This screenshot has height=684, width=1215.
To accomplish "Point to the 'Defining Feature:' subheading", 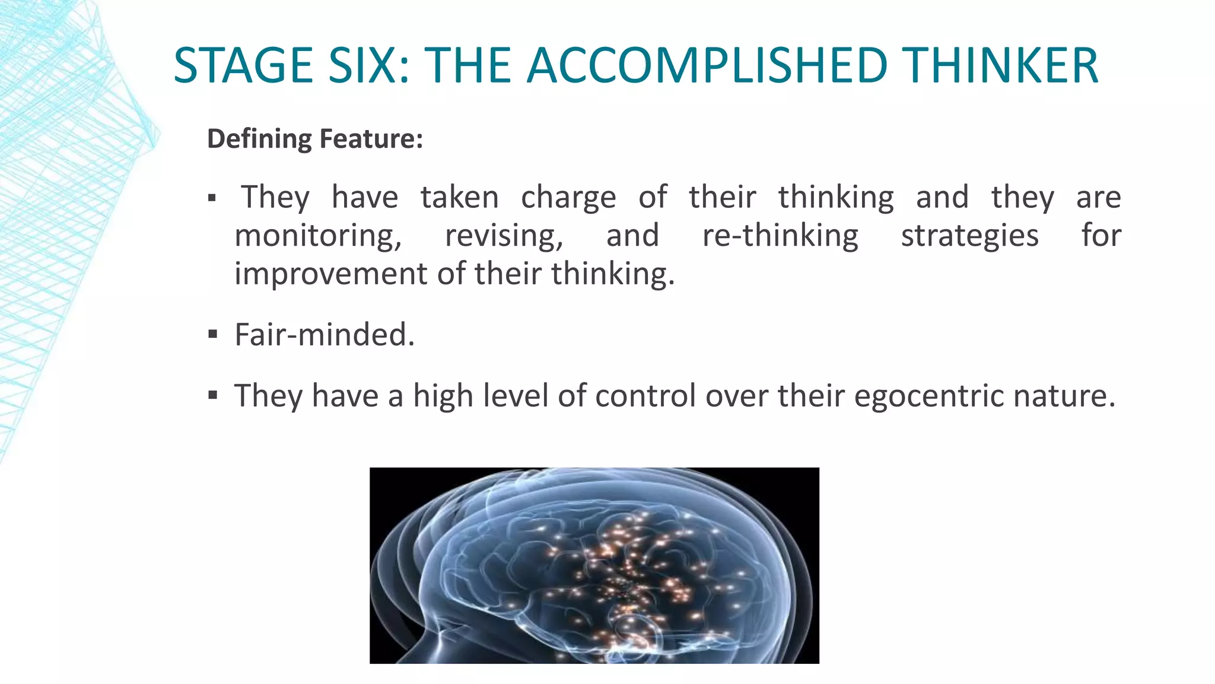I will point(314,139).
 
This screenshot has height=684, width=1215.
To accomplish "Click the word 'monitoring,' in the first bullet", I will point(318,236).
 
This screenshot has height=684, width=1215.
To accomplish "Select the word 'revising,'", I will point(504,236).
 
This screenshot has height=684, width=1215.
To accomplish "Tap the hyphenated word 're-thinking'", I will point(780,236).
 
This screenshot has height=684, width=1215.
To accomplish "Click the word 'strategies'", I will point(969,236).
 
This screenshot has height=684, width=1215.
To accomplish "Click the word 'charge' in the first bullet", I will point(568,198).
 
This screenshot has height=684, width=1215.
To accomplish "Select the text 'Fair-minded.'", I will point(325,335).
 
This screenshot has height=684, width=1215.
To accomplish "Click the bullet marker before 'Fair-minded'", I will point(213,335).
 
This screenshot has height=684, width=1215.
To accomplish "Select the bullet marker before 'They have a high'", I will point(213,395).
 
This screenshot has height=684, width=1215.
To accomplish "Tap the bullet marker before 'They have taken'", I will point(212,198).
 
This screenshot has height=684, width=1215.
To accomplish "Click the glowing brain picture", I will point(594,565).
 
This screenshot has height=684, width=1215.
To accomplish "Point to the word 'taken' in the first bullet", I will point(459,198).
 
